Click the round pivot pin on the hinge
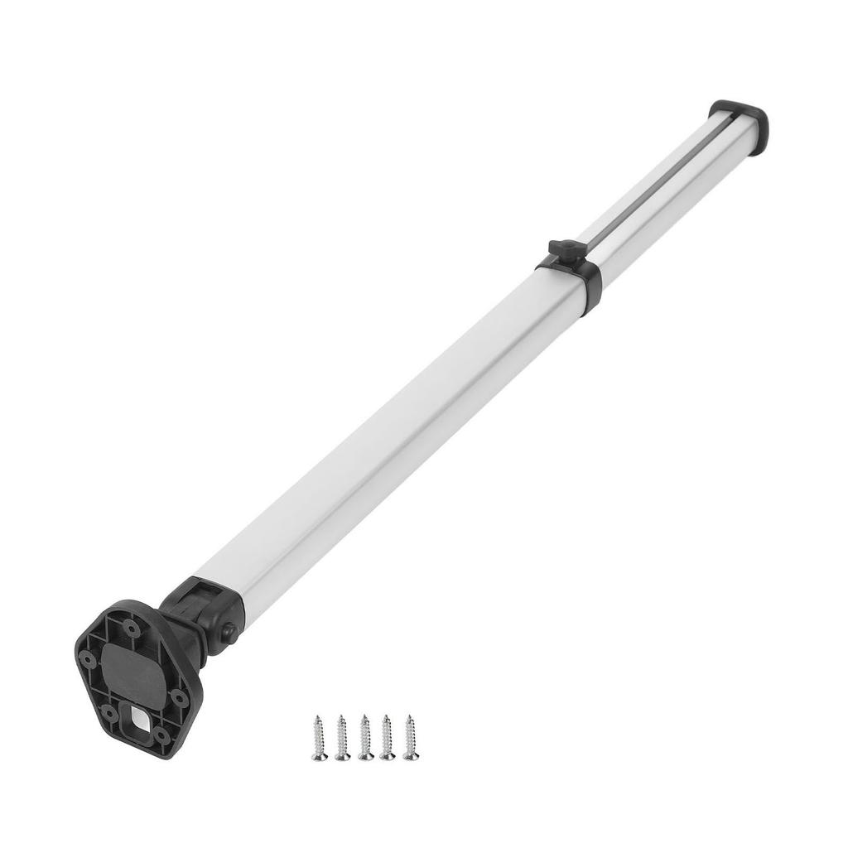point(227,633)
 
